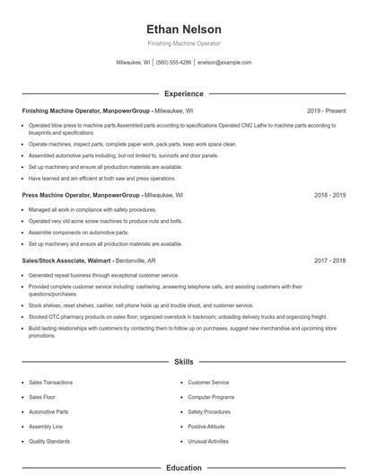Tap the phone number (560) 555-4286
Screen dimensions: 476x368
pos(174,63)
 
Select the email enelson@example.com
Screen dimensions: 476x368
pos(224,63)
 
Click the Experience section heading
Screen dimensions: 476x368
pos(183,93)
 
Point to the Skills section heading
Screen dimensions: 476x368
pos(183,362)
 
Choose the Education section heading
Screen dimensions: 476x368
pos(183,467)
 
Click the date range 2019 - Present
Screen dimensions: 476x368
pos(326,110)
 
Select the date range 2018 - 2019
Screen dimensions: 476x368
pos(329,194)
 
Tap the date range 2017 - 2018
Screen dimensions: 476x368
pos(329,260)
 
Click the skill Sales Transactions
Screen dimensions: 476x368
pos(50,383)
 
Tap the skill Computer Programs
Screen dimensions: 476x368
pos(211,397)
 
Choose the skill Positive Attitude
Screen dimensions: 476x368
pos(206,427)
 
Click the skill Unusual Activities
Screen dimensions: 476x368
pos(209,441)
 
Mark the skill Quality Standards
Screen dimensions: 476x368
pos(48,441)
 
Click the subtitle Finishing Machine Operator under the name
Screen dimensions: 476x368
pos(183,43)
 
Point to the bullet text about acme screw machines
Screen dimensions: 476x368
pos(105,220)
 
